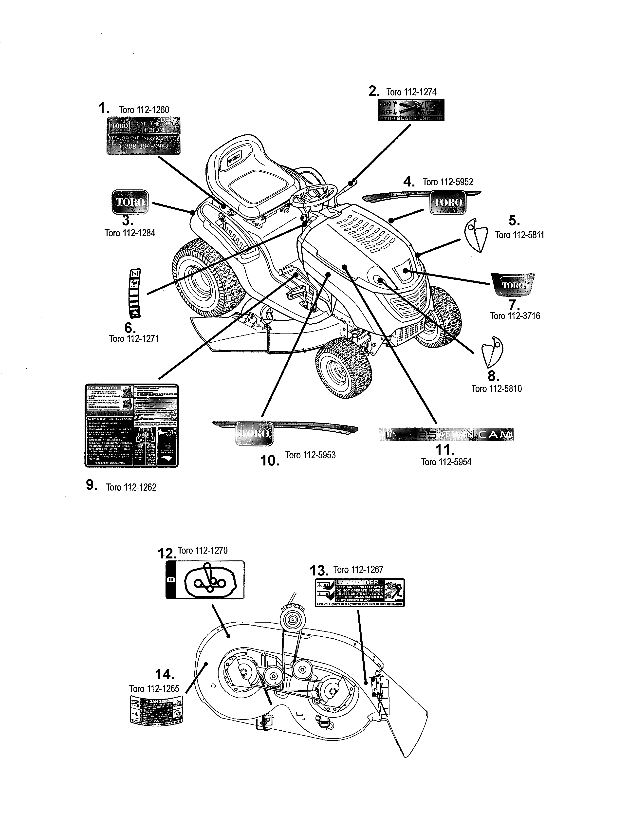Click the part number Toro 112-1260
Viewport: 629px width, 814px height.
[x=144, y=110]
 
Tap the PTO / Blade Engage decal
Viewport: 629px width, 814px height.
[x=411, y=110]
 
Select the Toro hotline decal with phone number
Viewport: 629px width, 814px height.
[x=144, y=136]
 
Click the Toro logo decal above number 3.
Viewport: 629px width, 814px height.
[x=130, y=202]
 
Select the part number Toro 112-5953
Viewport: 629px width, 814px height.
[x=310, y=455]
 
